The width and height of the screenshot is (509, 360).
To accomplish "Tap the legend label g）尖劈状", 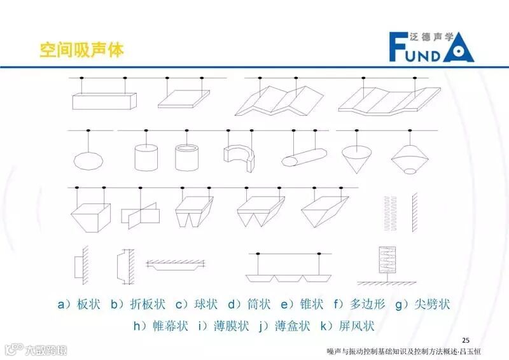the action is (422, 305).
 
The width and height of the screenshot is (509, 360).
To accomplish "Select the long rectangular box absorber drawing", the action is (104, 100).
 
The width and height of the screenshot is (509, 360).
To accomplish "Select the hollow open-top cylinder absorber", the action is (187, 156).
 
